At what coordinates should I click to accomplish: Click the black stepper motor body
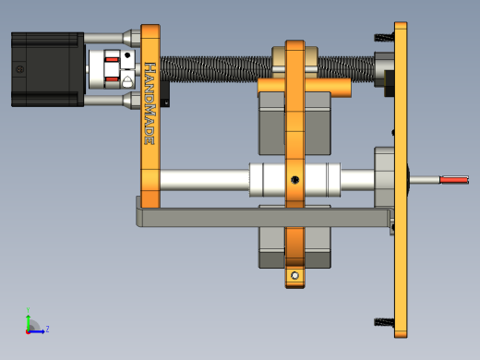(x=48, y=69)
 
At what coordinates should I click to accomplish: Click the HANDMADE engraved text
(x=150, y=103)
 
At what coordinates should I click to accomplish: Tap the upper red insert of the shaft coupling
(x=112, y=59)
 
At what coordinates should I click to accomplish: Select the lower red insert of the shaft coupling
(x=112, y=79)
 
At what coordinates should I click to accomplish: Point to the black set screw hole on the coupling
(x=127, y=55)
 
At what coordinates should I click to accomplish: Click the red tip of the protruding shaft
(x=454, y=180)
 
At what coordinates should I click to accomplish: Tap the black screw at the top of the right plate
(x=384, y=37)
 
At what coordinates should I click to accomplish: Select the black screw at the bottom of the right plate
(x=384, y=322)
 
